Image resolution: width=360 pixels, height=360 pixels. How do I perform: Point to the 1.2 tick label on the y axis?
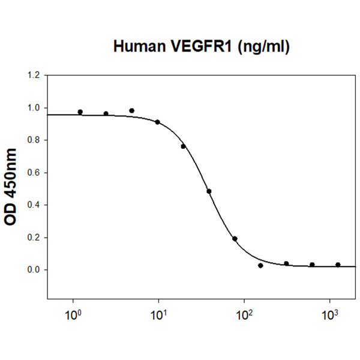click(34, 76)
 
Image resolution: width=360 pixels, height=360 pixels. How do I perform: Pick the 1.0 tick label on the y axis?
click(34, 108)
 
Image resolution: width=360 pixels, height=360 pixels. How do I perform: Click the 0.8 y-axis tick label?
click(34, 140)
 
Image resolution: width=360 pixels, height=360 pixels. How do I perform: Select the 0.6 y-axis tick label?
click(34, 173)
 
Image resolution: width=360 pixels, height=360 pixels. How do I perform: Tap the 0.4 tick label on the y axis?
click(34, 205)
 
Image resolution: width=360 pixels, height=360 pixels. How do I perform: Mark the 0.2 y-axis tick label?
click(34, 238)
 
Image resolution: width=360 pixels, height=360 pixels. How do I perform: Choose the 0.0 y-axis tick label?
click(34, 270)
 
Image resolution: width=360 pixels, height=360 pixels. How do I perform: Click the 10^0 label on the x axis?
click(73, 313)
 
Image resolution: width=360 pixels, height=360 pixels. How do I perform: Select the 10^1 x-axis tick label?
click(158, 313)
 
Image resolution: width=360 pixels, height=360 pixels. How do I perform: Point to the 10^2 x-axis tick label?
click(244, 313)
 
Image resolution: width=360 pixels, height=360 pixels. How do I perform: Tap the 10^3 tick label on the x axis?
click(329, 313)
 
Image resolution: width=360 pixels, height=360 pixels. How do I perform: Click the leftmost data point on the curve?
click(80, 112)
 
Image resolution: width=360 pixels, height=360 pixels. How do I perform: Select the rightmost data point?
click(338, 265)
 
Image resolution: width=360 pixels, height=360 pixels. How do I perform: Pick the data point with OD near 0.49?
click(209, 191)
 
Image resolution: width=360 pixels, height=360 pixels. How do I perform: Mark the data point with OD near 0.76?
click(183, 146)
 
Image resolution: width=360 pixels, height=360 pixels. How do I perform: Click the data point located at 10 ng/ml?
click(158, 122)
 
